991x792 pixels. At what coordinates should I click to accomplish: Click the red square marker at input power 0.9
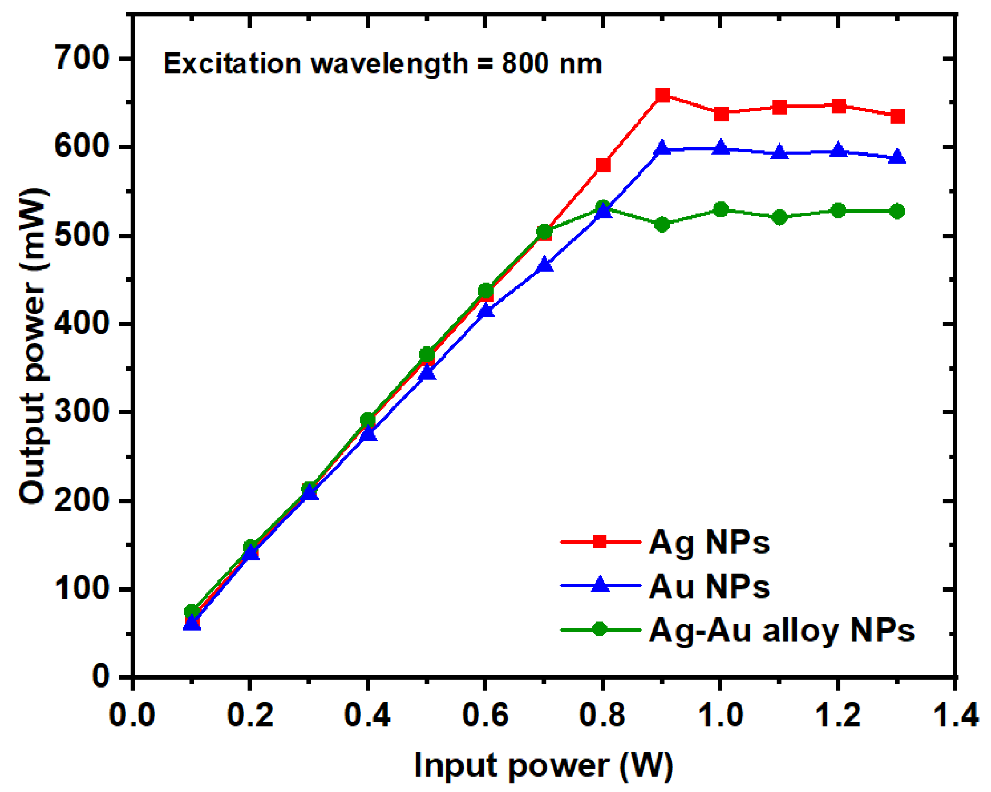pos(662,96)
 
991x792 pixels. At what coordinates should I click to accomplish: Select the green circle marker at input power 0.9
pos(662,224)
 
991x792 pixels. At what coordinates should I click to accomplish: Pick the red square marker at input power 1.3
pos(897,116)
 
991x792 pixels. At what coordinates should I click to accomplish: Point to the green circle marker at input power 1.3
pos(897,211)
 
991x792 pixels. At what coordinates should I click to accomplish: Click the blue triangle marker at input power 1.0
pos(721,147)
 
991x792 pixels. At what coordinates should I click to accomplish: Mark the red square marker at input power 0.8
pos(603,165)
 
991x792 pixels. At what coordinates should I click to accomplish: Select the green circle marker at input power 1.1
pos(780,217)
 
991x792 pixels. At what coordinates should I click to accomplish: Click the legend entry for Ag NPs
pos(709,542)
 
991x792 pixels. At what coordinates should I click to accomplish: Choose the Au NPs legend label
pos(709,586)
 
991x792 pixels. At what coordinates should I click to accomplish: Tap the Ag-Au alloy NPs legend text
pos(782,630)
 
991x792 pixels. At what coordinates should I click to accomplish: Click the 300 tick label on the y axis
pos(82,412)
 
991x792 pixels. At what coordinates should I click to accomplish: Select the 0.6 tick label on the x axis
pos(485,715)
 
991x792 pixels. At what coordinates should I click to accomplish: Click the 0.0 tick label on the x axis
pos(132,715)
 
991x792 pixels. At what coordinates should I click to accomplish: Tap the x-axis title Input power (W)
pos(544,765)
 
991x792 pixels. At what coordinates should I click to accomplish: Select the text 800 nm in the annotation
pos(552,64)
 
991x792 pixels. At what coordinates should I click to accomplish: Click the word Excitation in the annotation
pos(232,64)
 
